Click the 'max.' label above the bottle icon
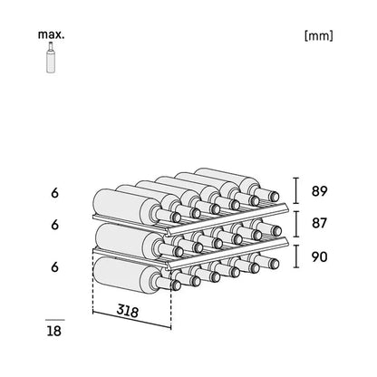pyautogui.click(x=51, y=34)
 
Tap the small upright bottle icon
pyautogui.click(x=51, y=57)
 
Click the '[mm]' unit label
pyautogui.click(x=319, y=35)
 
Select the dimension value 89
pyautogui.click(x=319, y=191)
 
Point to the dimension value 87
pyautogui.click(x=319, y=223)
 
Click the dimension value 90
pyautogui.click(x=319, y=256)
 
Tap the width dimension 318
pyautogui.click(x=128, y=311)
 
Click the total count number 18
pyautogui.click(x=54, y=331)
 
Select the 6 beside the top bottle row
pyautogui.click(x=54, y=193)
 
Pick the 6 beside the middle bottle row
pyautogui.click(x=54, y=225)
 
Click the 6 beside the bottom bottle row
pyautogui.click(x=54, y=267)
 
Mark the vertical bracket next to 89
pyautogui.click(x=296, y=190)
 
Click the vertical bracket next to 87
pyautogui.click(x=296, y=224)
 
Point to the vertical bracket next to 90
pyautogui.click(x=296, y=256)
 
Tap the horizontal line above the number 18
pyautogui.click(x=55, y=320)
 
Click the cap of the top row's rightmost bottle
pyautogui.click(x=275, y=197)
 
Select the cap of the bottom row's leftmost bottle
pyautogui.click(x=176, y=285)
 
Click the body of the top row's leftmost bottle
pyautogui.click(x=123, y=206)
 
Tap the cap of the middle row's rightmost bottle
pyautogui.click(x=276, y=231)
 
